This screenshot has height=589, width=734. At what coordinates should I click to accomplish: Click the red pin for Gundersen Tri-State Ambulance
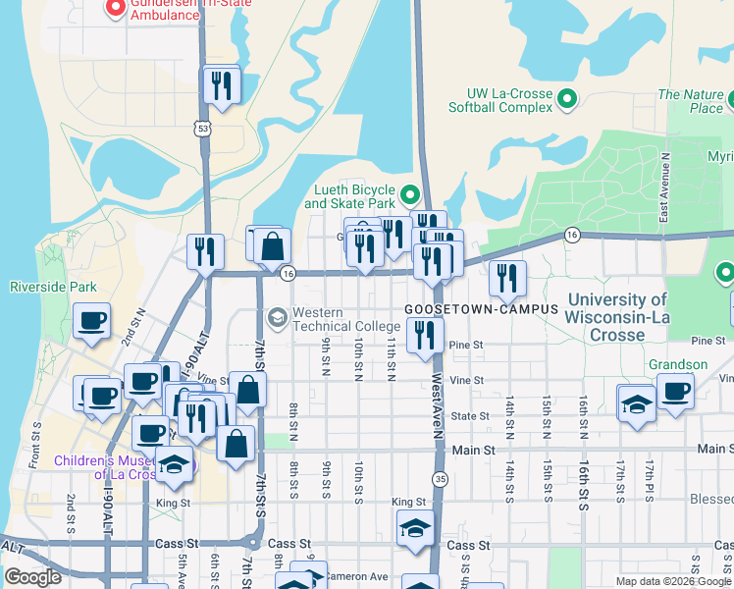[115, 8]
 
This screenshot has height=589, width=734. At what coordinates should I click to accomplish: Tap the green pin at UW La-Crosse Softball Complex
[566, 99]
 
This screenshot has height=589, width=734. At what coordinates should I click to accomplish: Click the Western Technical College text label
[333, 319]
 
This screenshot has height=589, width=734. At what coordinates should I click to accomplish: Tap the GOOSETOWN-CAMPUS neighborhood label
[481, 308]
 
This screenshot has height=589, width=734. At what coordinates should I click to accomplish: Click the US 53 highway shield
[202, 129]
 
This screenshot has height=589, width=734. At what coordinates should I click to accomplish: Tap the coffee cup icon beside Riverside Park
[92, 320]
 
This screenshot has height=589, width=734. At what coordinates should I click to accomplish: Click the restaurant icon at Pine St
[424, 335]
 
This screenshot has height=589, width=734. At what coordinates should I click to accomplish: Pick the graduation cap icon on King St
[415, 528]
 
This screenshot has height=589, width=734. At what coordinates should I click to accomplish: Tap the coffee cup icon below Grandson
[675, 390]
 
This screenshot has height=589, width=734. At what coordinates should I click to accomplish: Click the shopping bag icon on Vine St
[248, 389]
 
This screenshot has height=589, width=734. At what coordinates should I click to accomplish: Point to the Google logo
[32, 577]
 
